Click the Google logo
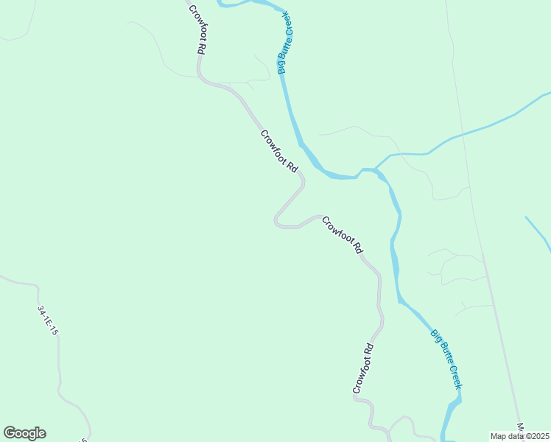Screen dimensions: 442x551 [x=24, y=433]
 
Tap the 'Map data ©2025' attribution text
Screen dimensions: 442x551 [x=519, y=436]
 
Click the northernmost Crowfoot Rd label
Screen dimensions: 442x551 [x=196, y=29]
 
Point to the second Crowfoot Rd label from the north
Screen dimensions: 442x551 [x=279, y=151]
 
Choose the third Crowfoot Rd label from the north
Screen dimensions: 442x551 [x=343, y=235]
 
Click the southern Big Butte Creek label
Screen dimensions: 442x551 [x=447, y=358]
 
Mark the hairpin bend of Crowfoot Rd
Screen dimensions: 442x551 [x=278, y=220]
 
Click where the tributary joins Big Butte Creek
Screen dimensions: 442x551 [x=376, y=170]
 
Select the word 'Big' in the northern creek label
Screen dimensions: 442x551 [x=281, y=66]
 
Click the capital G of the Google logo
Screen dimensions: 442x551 [x=10, y=433]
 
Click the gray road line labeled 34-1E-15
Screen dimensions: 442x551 [x=59, y=368]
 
